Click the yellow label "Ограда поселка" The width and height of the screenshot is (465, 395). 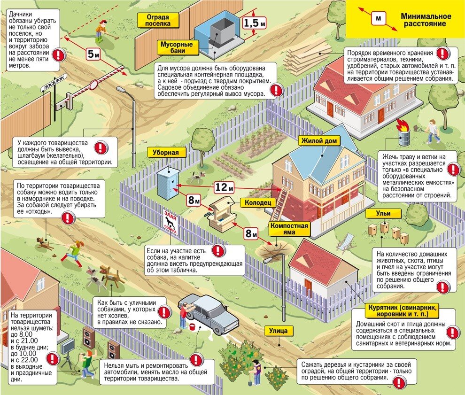(x=157, y=20)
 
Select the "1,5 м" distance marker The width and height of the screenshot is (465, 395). (x=254, y=23)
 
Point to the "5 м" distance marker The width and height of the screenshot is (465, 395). (x=93, y=54)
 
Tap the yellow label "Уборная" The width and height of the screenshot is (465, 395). (x=165, y=153)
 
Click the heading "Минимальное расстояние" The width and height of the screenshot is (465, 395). (x=423, y=19)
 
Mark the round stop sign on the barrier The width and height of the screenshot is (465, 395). (x=93, y=85)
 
